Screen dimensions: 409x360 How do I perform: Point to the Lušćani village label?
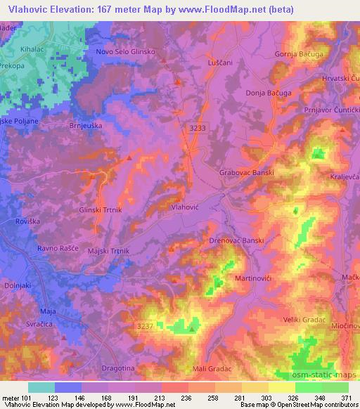point(214,63)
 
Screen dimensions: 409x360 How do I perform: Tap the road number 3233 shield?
point(199,128)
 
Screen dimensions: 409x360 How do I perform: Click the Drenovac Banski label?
point(237,240)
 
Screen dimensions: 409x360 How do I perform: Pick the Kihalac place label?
point(33,53)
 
